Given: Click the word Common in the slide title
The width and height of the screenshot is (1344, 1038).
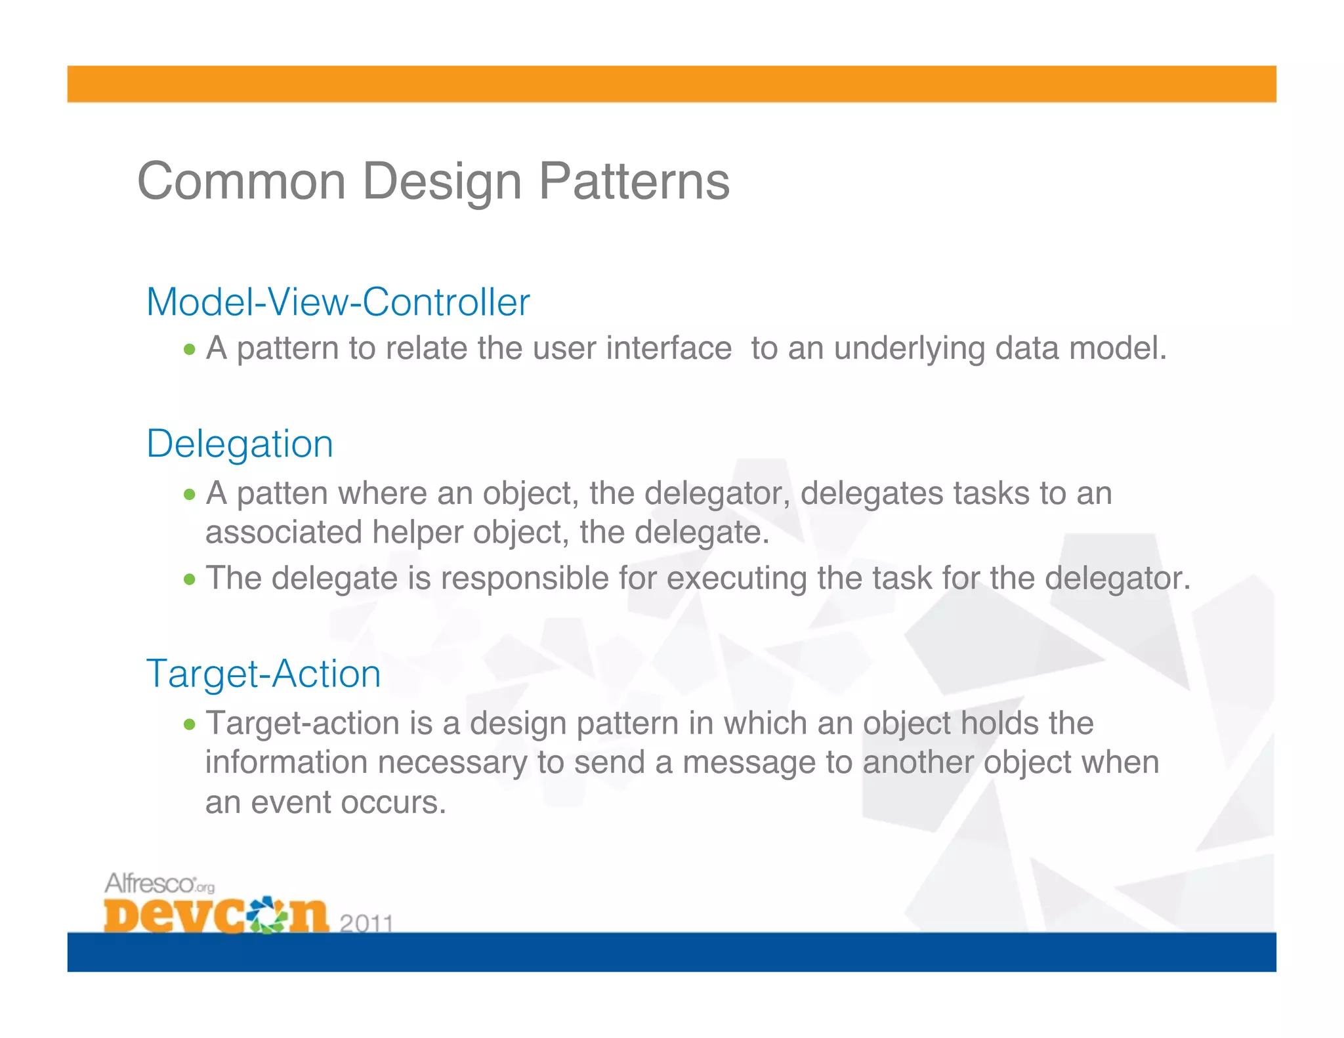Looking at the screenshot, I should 241,182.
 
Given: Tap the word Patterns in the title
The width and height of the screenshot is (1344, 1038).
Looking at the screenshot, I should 634,182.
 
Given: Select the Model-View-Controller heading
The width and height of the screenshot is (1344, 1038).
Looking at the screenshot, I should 337,302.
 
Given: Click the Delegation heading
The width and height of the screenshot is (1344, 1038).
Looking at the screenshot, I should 240,444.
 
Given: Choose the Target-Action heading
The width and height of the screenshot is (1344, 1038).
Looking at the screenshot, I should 263,674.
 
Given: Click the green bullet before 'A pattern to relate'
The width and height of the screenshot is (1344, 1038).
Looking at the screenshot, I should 190,350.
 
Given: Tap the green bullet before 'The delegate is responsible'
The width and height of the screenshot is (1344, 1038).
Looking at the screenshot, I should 190,579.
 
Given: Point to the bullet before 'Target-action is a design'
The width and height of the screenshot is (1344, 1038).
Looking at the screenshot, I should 190,724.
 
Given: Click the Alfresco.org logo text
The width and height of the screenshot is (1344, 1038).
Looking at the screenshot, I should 159,884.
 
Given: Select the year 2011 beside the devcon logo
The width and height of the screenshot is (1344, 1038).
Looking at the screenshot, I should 366,923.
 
